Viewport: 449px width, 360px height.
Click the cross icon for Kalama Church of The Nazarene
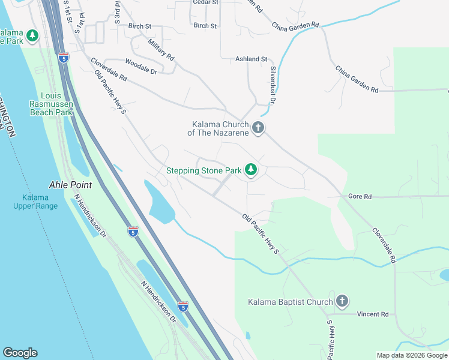[258, 128]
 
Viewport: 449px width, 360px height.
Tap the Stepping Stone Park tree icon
[250, 171]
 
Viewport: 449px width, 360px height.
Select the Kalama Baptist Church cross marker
[342, 301]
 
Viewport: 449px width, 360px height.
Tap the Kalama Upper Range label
[35, 202]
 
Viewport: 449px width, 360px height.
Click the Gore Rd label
[360, 196]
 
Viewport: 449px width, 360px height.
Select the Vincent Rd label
[372, 314]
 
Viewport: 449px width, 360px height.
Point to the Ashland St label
[251, 59]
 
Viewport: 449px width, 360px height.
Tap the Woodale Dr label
[141, 67]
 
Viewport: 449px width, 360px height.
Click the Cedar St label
[204, 2]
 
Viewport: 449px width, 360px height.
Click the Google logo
[20, 353]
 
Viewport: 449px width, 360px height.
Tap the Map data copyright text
[411, 355]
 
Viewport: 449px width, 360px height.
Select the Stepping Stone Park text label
[204, 171]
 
